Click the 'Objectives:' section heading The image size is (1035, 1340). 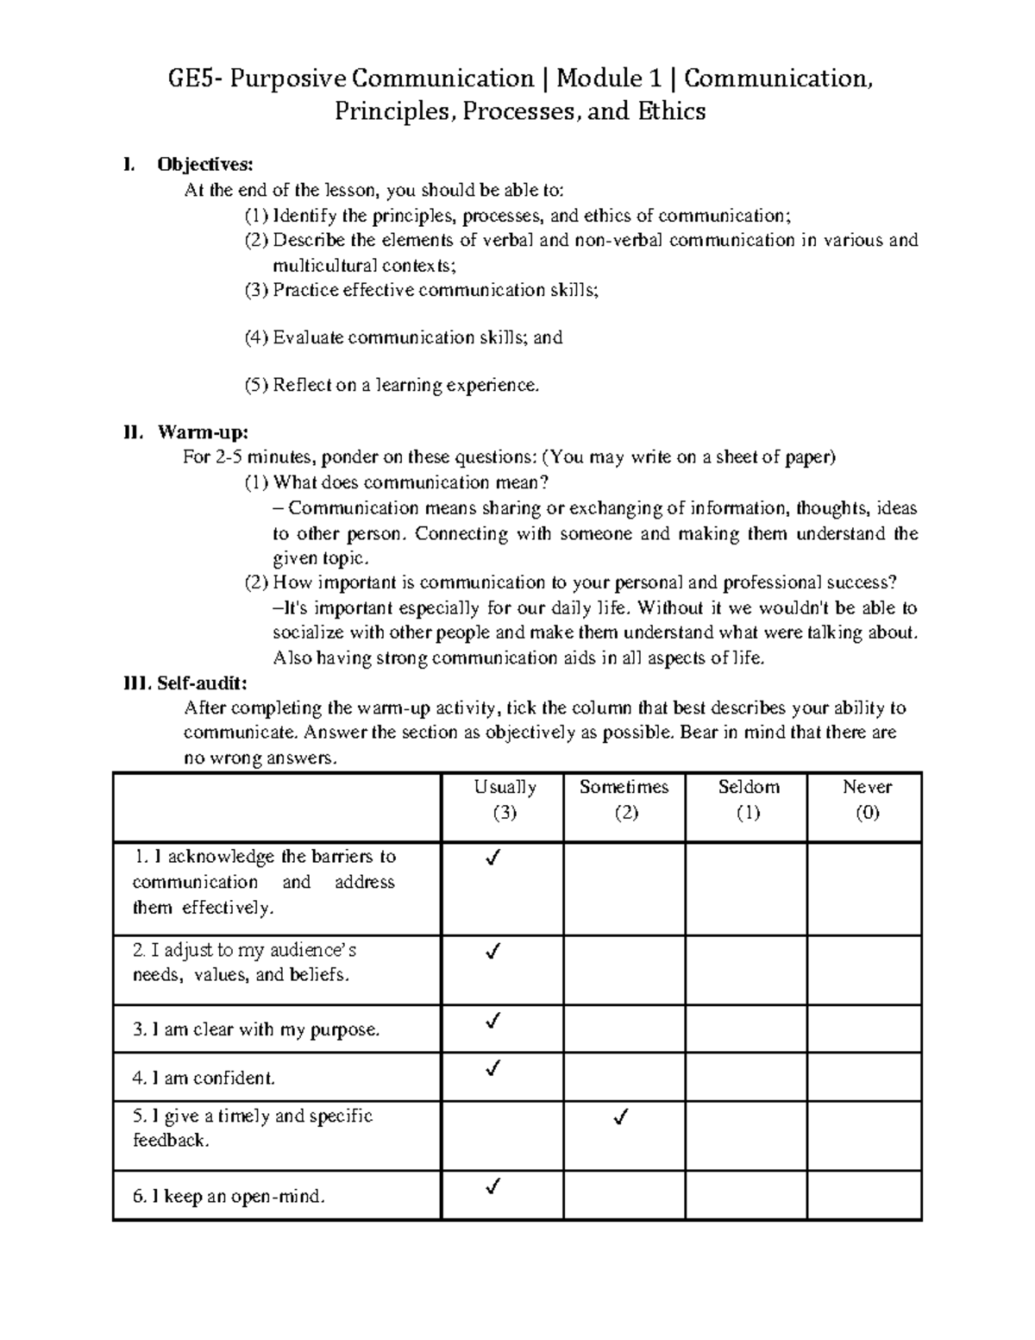204,165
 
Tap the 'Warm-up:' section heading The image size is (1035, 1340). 202,432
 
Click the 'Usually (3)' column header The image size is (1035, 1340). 505,800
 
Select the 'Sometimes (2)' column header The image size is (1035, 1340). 624,800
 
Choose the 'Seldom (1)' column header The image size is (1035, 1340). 748,800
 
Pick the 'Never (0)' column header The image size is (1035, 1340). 867,800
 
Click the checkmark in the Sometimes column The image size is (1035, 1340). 619,1117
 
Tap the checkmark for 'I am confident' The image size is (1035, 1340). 493,1070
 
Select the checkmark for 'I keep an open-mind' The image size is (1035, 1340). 493,1187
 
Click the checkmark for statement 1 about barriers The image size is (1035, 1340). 493,858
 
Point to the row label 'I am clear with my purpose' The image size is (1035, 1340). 256,1029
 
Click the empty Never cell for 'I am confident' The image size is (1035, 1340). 864,1076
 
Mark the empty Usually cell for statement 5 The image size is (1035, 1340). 502,1135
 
